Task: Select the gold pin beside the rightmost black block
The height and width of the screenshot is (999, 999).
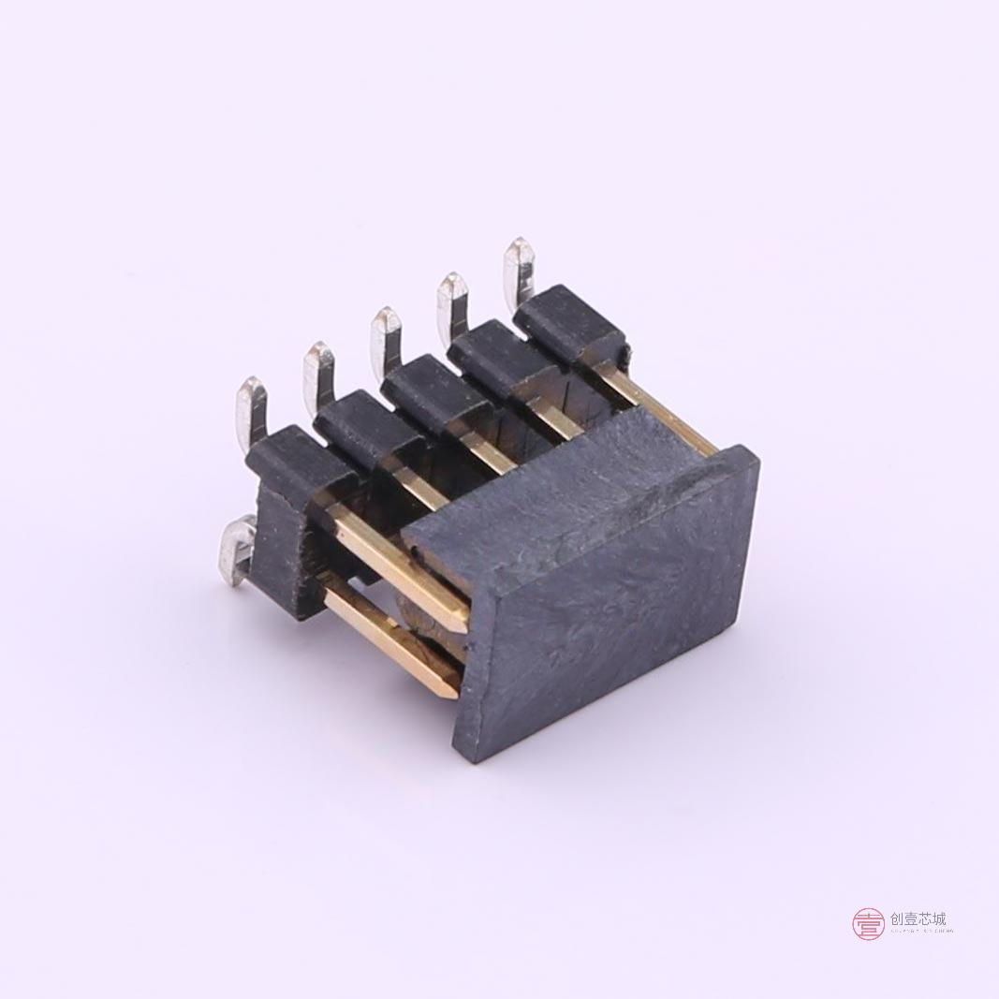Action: [655, 412]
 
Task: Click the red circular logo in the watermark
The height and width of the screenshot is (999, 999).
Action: [868, 923]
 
